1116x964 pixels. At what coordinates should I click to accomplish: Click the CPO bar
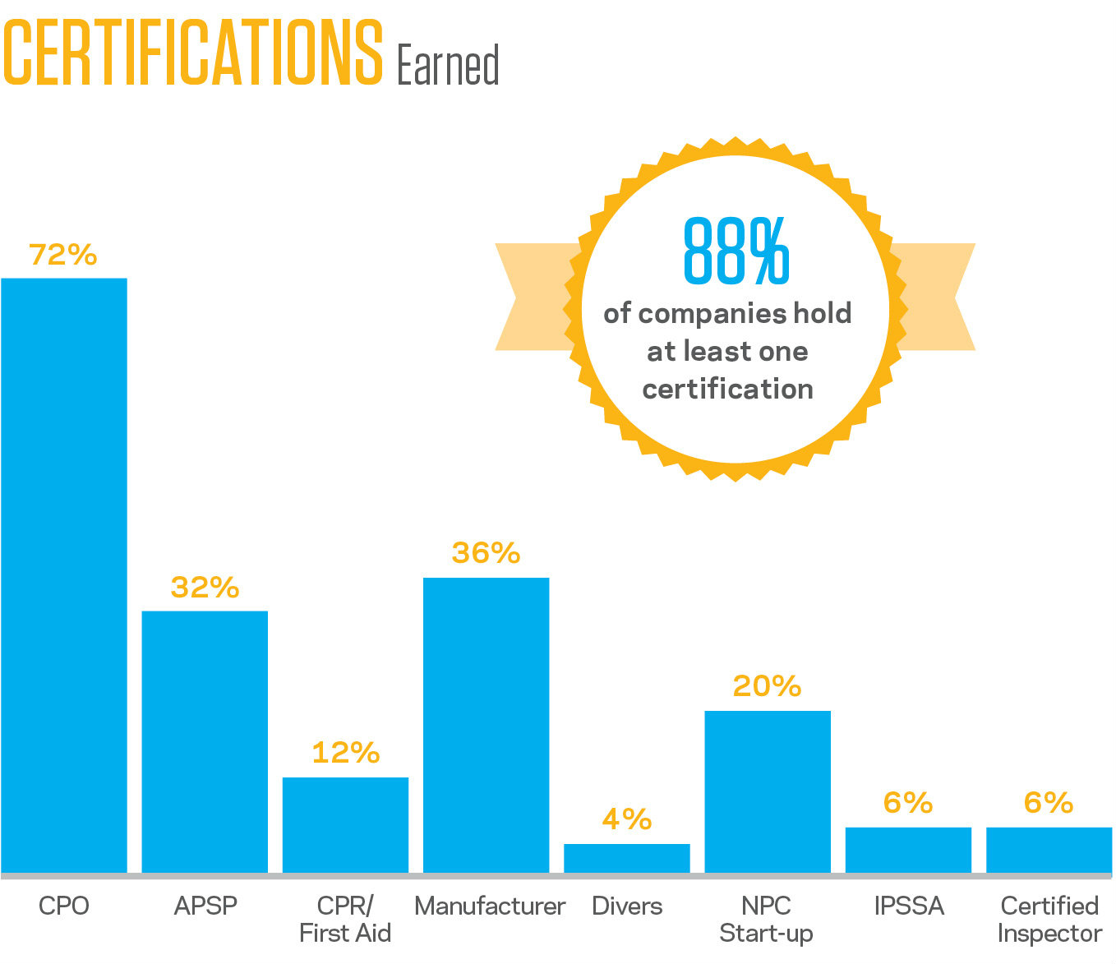pos(64,575)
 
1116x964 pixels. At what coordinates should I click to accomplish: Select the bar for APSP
pos(205,741)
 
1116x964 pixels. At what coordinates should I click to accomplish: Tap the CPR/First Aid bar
pos(345,824)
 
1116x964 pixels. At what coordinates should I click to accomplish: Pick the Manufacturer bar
pos(486,725)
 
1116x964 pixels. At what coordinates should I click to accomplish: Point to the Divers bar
pos(627,858)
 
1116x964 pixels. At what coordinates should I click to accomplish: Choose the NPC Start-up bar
pos(768,791)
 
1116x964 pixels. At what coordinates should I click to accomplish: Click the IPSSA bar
pos(908,850)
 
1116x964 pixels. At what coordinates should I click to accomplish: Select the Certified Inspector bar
pos(1049,850)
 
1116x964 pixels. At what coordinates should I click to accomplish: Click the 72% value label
pos(63,255)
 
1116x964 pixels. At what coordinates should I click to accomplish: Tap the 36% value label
pos(486,553)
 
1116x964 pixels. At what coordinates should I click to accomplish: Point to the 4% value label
pos(627,819)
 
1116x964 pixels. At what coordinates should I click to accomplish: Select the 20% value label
pos(767,686)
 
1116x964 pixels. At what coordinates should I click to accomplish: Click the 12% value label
pos(345,753)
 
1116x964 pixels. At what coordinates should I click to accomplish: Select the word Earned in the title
pos(448,66)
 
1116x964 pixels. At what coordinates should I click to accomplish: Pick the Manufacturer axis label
pos(490,906)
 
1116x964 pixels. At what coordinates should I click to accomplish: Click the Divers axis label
pos(627,906)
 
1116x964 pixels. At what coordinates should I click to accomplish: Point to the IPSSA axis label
pos(909,906)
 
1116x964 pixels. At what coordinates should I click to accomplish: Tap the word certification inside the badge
pos(728,389)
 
